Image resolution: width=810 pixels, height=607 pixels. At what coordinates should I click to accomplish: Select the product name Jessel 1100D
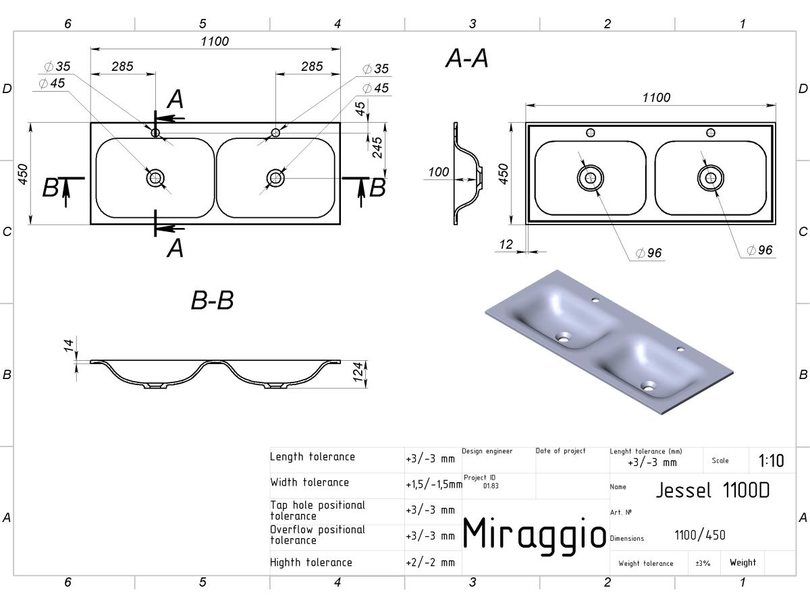pyautogui.click(x=713, y=490)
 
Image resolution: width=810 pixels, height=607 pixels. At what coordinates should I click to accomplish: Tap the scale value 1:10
pyautogui.click(x=771, y=461)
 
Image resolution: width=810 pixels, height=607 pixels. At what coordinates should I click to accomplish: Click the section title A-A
pyautogui.click(x=467, y=58)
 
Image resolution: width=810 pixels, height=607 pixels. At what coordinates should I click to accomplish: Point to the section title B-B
pyautogui.click(x=212, y=300)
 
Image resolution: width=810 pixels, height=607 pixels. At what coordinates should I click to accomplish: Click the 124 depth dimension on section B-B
pyautogui.click(x=358, y=372)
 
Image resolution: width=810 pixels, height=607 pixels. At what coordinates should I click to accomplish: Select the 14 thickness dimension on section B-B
pyautogui.click(x=69, y=346)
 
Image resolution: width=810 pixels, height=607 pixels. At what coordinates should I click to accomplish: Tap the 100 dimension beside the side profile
pyautogui.click(x=438, y=172)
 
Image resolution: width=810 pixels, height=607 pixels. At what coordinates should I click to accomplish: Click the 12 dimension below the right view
pyautogui.click(x=506, y=244)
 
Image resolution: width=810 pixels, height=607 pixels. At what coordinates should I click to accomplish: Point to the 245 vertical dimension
pyautogui.click(x=377, y=148)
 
